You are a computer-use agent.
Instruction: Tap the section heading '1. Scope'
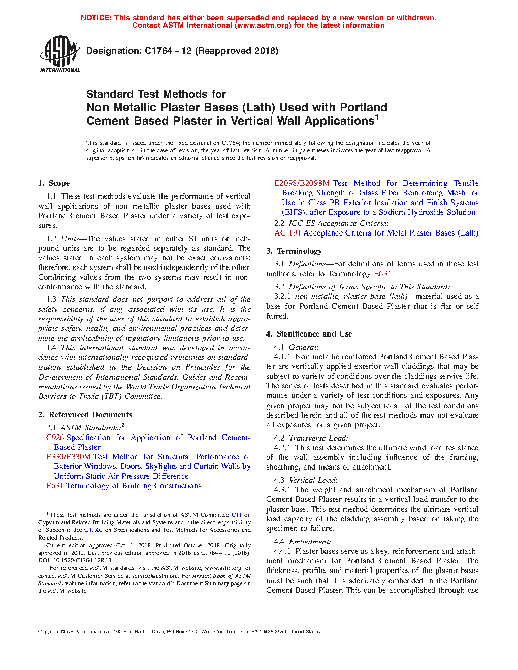pyautogui.click(x=54, y=183)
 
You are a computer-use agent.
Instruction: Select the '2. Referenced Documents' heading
pyautogui.click(x=85, y=415)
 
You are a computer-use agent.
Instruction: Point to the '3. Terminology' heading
pyautogui.click(x=294, y=251)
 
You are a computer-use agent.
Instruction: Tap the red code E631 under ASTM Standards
pyautogui.click(x=54, y=486)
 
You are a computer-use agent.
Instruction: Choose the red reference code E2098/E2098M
pyautogui.click(x=302, y=183)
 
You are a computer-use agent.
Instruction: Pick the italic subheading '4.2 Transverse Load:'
pyautogui.click(x=311, y=438)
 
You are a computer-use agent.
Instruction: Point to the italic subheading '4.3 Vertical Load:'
pyautogui.click(x=305, y=480)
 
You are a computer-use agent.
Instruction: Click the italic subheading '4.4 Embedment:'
pyautogui.click(x=302, y=542)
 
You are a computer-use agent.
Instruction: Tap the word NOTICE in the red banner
pyautogui.click(x=96, y=18)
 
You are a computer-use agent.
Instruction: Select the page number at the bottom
pyautogui.click(x=258, y=644)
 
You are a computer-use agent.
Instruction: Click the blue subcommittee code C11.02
pyautogui.click(x=93, y=530)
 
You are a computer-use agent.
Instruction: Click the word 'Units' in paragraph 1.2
pyautogui.click(x=70, y=239)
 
